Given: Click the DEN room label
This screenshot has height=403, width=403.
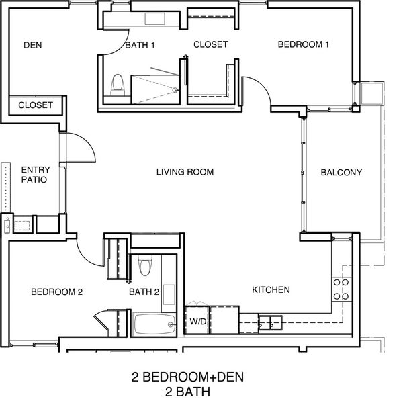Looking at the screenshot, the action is click(x=33, y=45).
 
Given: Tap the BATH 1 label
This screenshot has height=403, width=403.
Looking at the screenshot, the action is click(x=140, y=45).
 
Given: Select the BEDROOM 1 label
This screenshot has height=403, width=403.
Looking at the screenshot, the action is click(x=304, y=44).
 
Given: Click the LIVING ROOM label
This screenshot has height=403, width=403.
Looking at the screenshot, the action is click(x=185, y=172).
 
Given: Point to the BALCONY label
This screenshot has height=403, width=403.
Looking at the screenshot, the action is click(x=341, y=172).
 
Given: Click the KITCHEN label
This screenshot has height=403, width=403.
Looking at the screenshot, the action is click(x=271, y=290).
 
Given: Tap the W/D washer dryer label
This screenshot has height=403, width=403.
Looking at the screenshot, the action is click(x=198, y=321).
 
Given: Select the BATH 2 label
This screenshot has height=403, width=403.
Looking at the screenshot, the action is click(x=144, y=292).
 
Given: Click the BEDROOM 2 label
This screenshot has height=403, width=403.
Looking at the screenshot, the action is click(x=56, y=292).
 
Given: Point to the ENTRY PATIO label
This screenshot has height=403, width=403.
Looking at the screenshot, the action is click(x=36, y=175).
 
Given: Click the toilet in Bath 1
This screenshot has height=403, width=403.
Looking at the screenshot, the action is click(x=118, y=85).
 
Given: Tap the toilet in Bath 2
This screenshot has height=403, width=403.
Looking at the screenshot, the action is click(x=145, y=265).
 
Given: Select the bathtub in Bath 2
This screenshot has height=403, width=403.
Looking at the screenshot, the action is click(x=154, y=324).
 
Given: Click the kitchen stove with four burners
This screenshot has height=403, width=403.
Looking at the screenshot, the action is click(x=342, y=289).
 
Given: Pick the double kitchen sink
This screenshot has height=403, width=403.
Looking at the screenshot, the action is click(x=270, y=323).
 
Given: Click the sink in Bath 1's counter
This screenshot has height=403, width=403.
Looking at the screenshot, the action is click(x=154, y=19).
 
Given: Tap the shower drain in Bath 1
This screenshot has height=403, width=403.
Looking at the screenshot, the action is click(x=175, y=90).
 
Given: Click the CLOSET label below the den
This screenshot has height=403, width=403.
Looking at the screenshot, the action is click(x=36, y=105).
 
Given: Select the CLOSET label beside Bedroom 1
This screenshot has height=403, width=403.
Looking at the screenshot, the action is click(x=210, y=44).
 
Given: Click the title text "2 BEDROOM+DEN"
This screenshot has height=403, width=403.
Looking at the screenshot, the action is click(x=187, y=377).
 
